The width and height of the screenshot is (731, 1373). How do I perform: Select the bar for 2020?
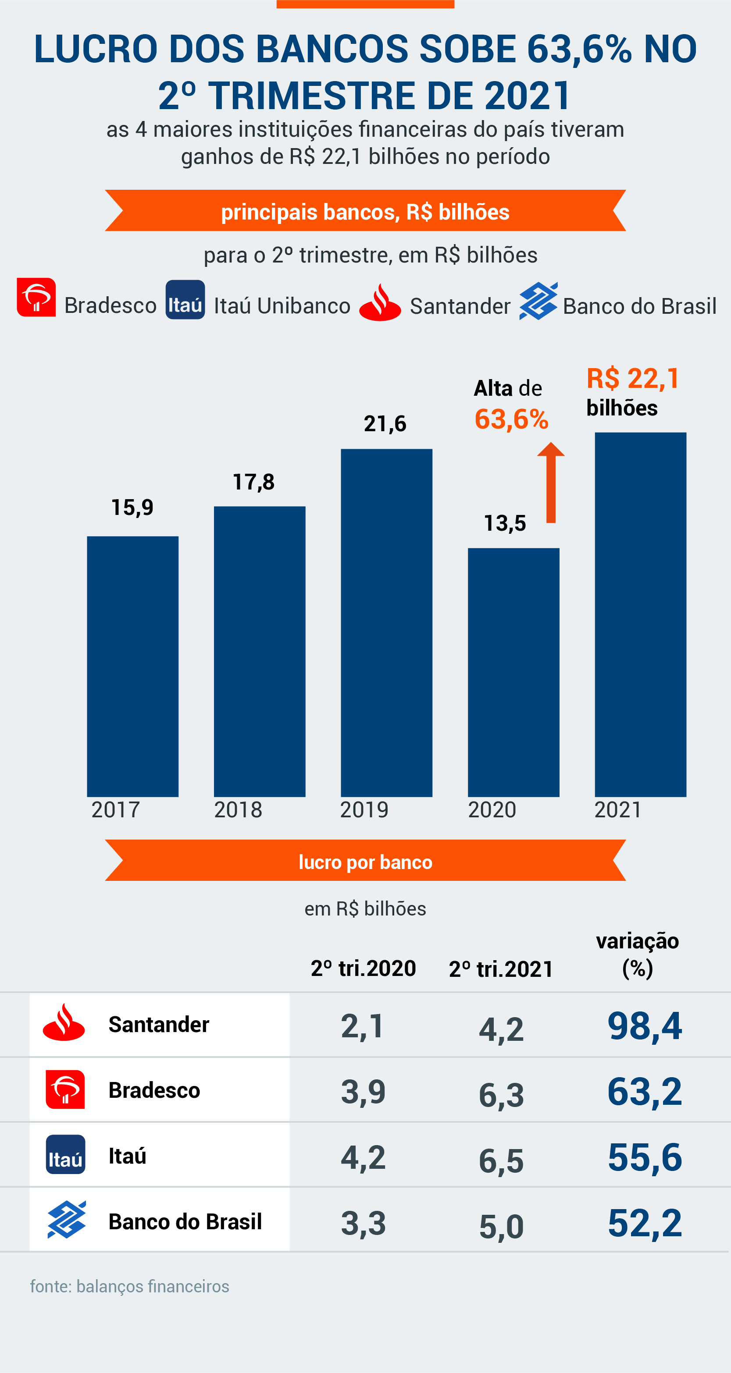click(513, 672)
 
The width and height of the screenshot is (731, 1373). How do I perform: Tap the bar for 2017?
click(133, 666)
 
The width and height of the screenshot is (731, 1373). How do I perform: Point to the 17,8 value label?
click(254, 482)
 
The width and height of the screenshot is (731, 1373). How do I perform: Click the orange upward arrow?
click(551, 483)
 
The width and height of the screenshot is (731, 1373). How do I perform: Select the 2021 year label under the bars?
click(618, 809)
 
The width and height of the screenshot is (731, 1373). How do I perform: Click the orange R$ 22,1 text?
click(633, 379)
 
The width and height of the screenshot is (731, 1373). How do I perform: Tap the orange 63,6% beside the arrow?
click(511, 419)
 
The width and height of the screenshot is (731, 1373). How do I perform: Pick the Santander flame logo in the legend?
click(380, 303)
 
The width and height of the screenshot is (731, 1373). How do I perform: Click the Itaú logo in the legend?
click(185, 300)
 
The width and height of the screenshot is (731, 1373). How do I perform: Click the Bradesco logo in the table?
click(65, 1089)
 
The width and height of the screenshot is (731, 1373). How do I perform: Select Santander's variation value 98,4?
click(645, 1026)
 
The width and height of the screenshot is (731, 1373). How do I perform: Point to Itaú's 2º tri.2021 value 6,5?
click(501, 1160)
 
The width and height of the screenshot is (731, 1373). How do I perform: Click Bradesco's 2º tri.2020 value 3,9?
click(363, 1091)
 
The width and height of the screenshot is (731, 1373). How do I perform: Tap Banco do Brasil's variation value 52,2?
click(645, 1223)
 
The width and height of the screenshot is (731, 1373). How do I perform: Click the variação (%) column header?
click(637, 954)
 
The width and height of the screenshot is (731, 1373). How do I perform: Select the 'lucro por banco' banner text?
click(365, 862)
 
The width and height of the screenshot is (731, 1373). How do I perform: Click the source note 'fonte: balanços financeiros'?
click(129, 1286)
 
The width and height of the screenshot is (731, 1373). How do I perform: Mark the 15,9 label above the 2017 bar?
click(132, 507)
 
